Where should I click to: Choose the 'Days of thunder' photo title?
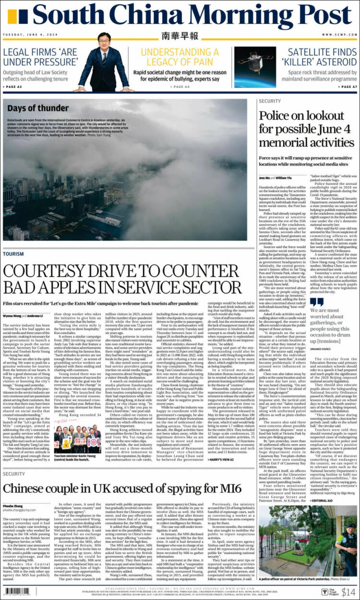[x=31, y=108]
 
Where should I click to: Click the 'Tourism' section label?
[x=13, y=254]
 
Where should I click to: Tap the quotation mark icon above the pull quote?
[x=317, y=302]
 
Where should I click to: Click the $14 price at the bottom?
[x=348, y=592]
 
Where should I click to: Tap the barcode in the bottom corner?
[x=22, y=592]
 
